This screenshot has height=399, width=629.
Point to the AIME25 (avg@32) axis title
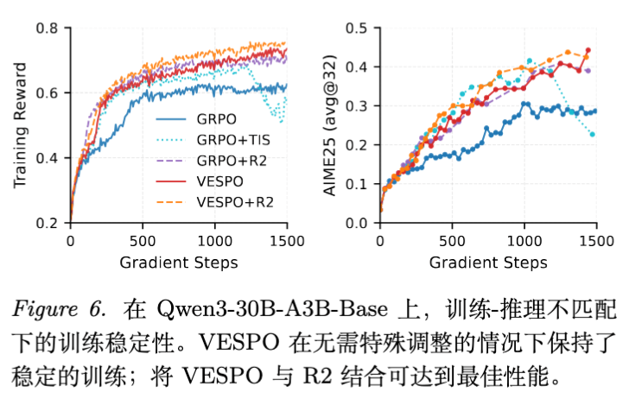(x=330, y=124)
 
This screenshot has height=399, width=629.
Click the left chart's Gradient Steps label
(x=178, y=262)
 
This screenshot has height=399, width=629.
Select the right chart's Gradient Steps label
(x=488, y=262)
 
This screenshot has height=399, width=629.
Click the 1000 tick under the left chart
(x=214, y=241)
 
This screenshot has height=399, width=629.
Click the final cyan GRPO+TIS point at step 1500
(x=593, y=134)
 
